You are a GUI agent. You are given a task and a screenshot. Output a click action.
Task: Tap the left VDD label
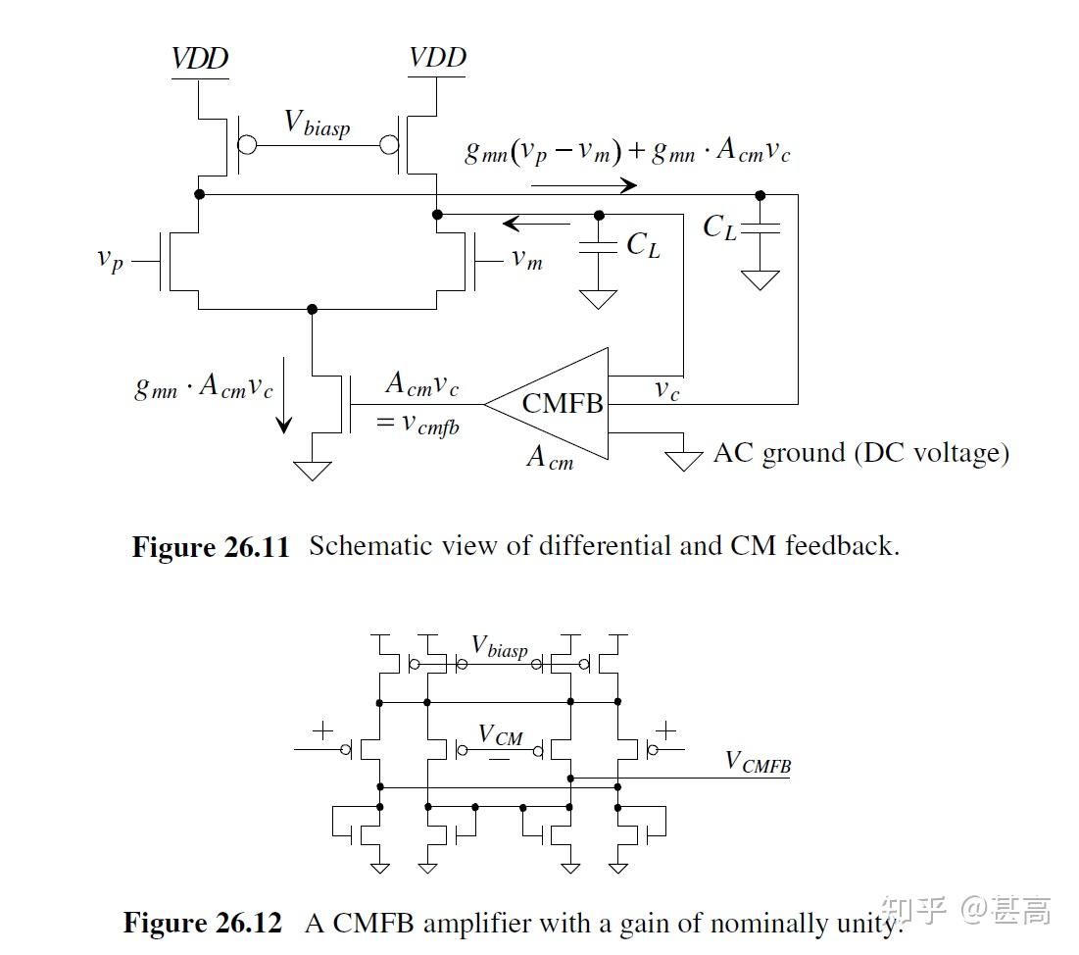click(200, 58)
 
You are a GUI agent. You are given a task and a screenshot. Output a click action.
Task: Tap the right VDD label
click(437, 58)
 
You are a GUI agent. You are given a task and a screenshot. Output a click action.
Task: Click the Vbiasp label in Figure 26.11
click(317, 124)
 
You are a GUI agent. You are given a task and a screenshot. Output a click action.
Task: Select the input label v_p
click(111, 260)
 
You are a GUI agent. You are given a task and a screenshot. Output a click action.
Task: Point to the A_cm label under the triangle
click(549, 456)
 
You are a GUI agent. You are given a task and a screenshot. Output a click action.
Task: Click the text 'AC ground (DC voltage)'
click(860, 453)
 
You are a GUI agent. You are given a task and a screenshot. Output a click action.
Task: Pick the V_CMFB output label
click(758, 762)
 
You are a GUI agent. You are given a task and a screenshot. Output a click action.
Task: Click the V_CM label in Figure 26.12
click(500, 734)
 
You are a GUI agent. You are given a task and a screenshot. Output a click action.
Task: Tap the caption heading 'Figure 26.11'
click(211, 547)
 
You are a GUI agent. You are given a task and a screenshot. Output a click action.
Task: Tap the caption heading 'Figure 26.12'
click(202, 923)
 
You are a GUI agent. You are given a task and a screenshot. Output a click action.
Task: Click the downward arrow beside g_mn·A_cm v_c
click(283, 413)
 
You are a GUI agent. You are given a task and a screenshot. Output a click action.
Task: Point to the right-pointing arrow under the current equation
click(584, 184)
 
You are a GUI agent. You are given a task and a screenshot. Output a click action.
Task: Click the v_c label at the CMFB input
click(666, 389)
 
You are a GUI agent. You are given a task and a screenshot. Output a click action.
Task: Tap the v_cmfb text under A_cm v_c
click(417, 427)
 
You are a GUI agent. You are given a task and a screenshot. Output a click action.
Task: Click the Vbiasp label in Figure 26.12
click(500, 648)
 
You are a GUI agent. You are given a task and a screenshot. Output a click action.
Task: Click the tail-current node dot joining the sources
click(313, 309)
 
